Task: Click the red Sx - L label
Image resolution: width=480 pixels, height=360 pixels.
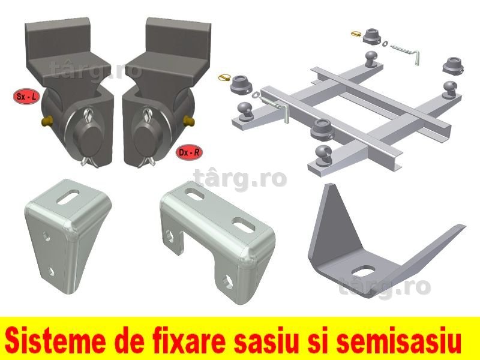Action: (x=26, y=97)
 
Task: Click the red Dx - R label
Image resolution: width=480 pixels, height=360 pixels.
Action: (x=189, y=152)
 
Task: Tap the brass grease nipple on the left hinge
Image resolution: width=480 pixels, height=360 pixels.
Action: (x=46, y=122)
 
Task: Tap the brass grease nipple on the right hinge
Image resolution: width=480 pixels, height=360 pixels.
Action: (x=188, y=121)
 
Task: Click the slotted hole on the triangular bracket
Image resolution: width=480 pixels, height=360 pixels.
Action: (x=363, y=271)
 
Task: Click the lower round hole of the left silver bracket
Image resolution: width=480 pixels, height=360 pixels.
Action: (x=51, y=271)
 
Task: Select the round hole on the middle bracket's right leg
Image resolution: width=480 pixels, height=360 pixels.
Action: (x=229, y=282)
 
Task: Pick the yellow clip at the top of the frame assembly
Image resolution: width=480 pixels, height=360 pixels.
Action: (x=356, y=33)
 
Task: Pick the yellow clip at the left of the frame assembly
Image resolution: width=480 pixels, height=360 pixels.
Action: (x=224, y=78)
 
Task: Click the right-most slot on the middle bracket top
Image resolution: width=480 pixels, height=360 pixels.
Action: (x=244, y=224)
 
